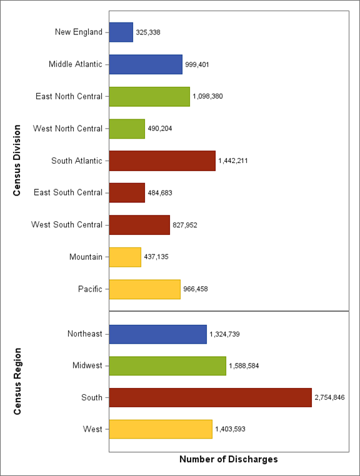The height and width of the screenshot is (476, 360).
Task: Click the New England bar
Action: click(121, 32)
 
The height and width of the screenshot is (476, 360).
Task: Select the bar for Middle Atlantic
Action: click(146, 64)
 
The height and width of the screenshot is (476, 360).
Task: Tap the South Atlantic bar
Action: click(162, 161)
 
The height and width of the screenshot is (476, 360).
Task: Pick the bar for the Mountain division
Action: click(125, 257)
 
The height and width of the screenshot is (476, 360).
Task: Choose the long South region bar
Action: click(210, 397)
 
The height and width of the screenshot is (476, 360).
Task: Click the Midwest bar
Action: click(167, 365)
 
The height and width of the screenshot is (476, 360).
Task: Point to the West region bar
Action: click(161, 429)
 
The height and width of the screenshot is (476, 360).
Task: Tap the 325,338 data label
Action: click(148, 32)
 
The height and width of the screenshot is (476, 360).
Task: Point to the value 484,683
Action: click(160, 193)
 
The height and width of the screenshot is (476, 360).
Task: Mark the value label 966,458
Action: click(196, 289)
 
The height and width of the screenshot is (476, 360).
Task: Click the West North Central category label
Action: click(67, 129)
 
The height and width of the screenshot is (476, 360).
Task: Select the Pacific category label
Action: click(90, 289)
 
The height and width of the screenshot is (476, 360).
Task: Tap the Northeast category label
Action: click(84, 334)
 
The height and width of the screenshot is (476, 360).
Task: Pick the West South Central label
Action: click(67, 224)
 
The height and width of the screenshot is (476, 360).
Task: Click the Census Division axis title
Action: click(17, 161)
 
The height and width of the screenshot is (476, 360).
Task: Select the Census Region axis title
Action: click(17, 381)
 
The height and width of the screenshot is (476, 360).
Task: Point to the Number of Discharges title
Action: click(228, 459)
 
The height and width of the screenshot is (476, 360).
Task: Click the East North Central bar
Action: click(149, 96)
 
